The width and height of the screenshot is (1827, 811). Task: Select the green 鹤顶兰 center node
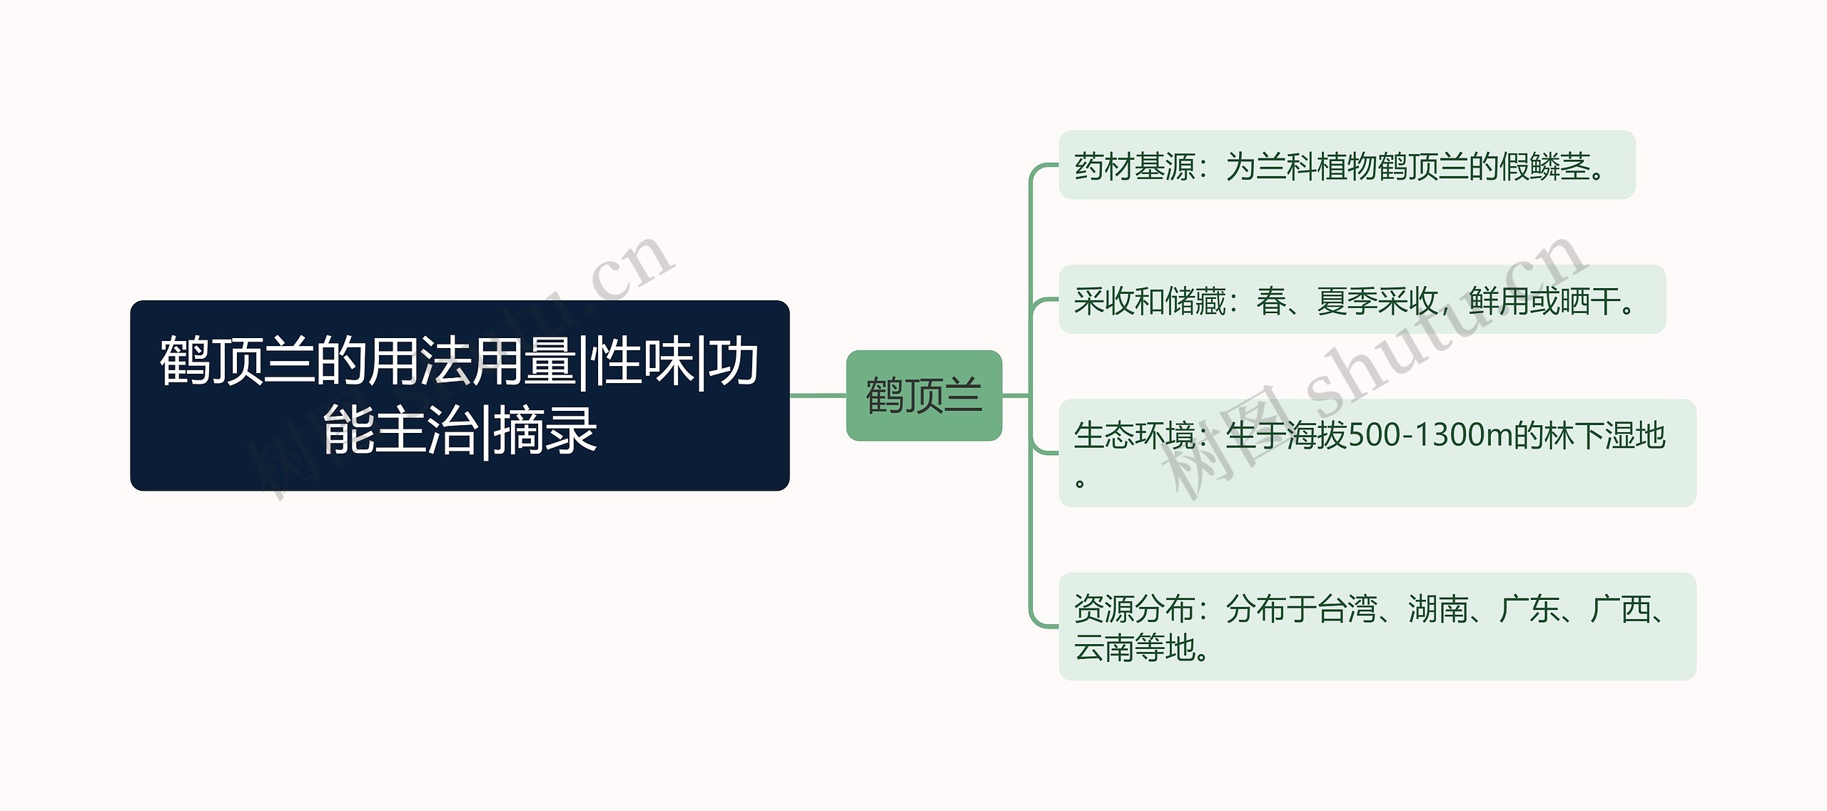tap(923, 395)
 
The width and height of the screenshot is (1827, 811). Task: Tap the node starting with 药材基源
tap(1346, 165)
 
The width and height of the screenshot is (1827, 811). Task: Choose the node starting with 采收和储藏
tap(1361, 300)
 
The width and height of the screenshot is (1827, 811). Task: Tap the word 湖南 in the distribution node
tap(1437, 609)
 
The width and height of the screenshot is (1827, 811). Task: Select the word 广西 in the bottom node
tap(1620, 609)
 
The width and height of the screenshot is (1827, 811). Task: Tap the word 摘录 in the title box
tap(545, 430)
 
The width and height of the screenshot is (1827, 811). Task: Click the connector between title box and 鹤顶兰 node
tap(818, 395)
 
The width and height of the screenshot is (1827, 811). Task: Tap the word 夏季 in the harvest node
tap(1346, 300)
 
